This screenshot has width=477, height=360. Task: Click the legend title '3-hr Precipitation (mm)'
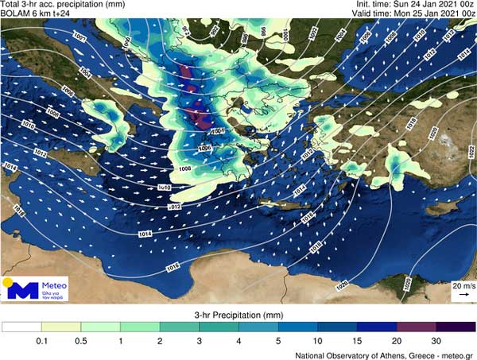point(238,315)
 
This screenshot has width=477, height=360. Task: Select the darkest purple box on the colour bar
point(455,327)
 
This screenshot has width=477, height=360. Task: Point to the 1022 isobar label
point(468,151)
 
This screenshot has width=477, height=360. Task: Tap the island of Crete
point(299,211)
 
